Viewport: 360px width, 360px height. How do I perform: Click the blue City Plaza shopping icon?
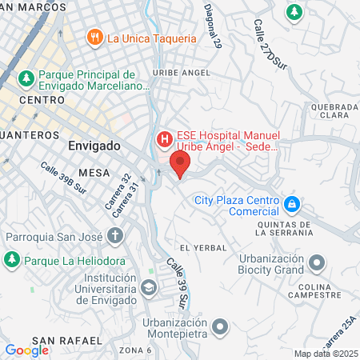click(x=293, y=205)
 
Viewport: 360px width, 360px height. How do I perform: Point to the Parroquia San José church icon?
click(x=115, y=236)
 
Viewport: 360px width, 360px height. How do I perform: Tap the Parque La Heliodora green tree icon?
click(x=12, y=260)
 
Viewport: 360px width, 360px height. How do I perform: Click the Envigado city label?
click(x=94, y=147)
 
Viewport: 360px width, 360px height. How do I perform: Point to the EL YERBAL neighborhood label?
click(x=199, y=248)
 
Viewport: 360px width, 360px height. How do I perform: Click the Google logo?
click(x=26, y=350)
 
